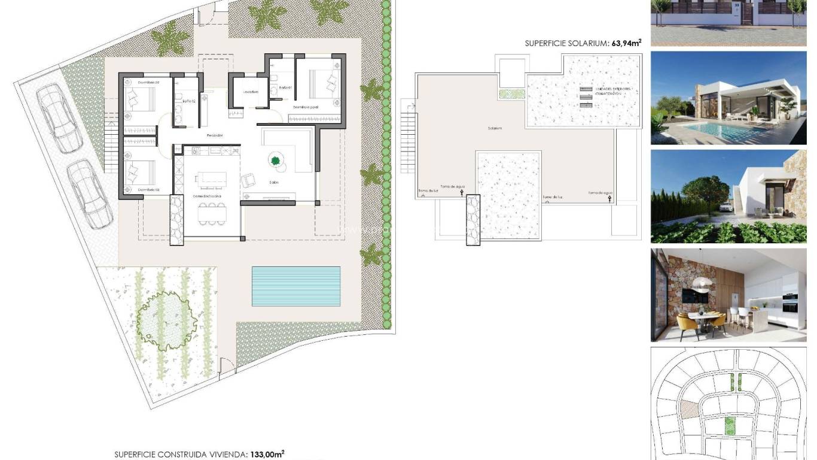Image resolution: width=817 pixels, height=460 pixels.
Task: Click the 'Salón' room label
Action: coord(275,183)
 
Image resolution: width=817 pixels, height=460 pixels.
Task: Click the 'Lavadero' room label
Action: coord(251,92)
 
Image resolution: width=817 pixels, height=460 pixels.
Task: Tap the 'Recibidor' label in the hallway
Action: coord(215,136)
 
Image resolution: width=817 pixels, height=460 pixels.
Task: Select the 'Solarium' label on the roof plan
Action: coord(494,128)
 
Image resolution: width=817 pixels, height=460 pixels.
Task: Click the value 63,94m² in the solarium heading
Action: coord(626,43)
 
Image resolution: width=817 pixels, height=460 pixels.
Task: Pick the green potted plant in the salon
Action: coord(276,160)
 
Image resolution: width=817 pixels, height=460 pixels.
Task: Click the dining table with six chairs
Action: coord(212,213)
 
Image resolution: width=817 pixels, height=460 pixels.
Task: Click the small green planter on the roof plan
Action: coord(512,93)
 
